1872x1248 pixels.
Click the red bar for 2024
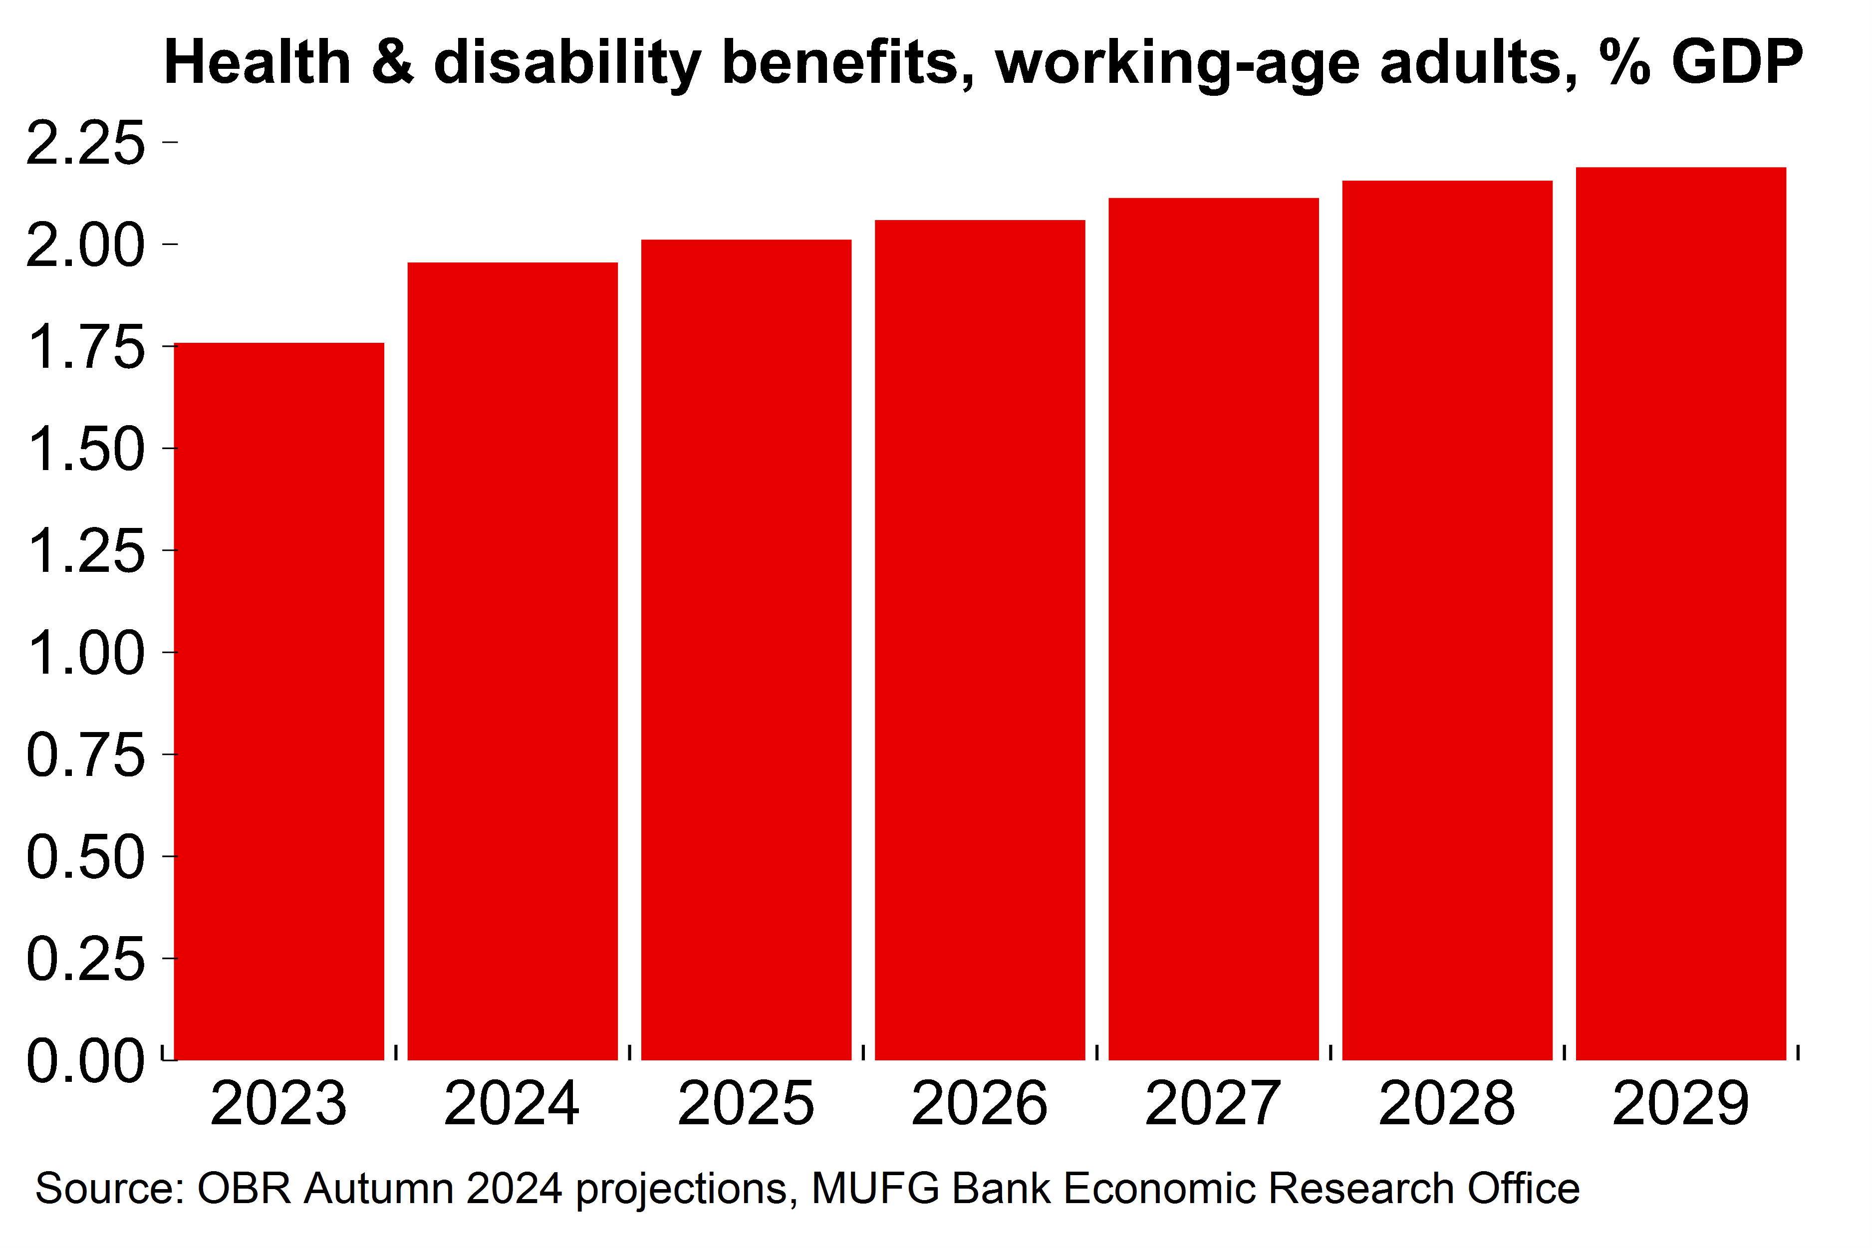point(513,661)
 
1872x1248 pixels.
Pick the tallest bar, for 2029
point(1681,613)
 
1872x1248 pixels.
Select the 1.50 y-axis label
point(86,450)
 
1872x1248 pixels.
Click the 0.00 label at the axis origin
point(86,1061)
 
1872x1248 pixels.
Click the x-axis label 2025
point(746,1104)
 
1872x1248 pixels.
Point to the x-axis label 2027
point(1213,1104)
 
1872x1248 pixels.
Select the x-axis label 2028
point(1447,1104)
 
